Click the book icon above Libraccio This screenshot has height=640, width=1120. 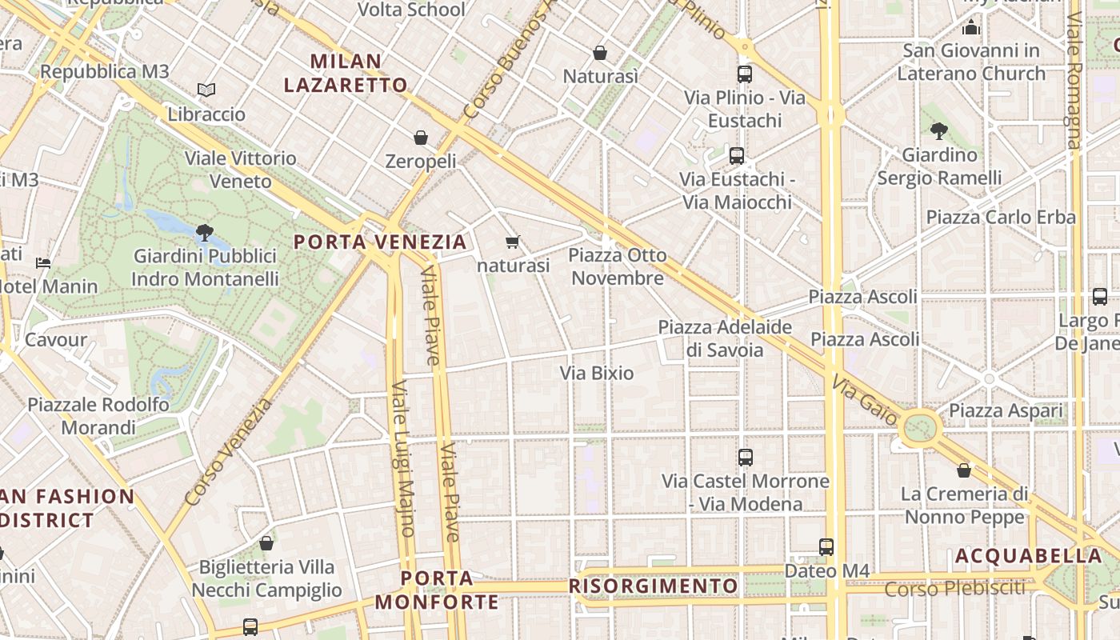click(206, 90)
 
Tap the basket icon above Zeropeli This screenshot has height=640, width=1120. click(421, 138)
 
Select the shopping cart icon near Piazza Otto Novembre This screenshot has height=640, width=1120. click(513, 241)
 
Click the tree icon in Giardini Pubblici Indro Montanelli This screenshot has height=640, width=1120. click(204, 233)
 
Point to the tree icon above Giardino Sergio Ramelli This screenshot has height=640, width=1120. click(939, 130)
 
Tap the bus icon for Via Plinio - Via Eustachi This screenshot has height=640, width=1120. click(745, 74)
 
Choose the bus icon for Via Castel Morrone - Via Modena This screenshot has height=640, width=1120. click(746, 458)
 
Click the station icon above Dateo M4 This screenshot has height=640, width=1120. click(826, 547)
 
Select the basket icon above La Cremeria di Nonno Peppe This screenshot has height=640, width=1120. click(964, 470)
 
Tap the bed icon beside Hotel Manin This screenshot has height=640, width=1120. click(43, 262)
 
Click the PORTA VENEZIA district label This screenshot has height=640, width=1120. click(380, 242)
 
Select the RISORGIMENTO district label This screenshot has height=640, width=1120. click(653, 586)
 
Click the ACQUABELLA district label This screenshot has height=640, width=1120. click(1028, 556)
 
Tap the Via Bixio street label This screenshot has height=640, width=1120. click(597, 373)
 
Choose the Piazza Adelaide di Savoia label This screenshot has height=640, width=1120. click(725, 338)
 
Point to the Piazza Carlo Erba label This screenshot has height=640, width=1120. click(1001, 217)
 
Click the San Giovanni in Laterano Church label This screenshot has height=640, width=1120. click(971, 62)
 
